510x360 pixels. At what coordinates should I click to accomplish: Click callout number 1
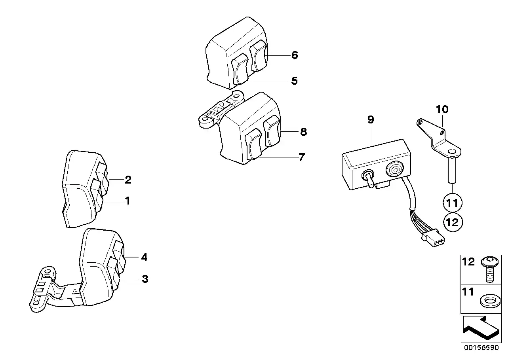pos(127,201)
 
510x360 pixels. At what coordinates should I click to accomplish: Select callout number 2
pos(128,180)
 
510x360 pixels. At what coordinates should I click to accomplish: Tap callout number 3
pos(145,279)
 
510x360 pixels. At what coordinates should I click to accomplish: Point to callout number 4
pos(144,258)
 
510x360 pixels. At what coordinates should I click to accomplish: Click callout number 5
pos(294,81)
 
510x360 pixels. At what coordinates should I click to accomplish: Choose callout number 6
pos(294,55)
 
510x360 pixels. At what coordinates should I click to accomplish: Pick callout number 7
pos(302,157)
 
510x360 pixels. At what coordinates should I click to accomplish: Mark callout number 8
pos(303,132)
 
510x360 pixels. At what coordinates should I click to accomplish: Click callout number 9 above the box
pos(371,120)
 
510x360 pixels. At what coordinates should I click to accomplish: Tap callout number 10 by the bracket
pos(442,109)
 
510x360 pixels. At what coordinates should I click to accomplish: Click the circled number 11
pos(452,203)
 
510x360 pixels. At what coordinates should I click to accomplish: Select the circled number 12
pos(452,222)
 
